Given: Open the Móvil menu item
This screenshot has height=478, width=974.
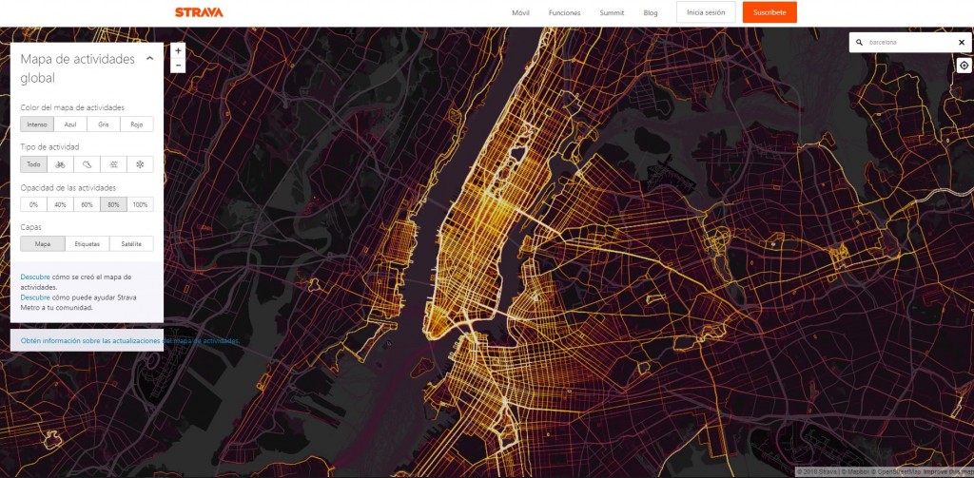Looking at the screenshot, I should coord(520,13).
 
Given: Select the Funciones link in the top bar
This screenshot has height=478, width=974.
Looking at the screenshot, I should coord(564,13).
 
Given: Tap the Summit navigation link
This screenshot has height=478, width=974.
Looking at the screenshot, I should coord(612,13).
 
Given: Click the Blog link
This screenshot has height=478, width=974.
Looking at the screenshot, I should coord(651,13).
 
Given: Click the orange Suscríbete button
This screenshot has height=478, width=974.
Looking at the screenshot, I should coord(769,12).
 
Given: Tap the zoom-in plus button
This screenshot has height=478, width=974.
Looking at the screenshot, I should coord(178,50).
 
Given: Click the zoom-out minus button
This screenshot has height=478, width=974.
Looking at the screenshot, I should coord(178,65).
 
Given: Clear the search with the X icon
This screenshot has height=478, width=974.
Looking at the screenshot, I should coord(961,43).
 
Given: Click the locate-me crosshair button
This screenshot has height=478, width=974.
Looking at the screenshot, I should coord(964,66).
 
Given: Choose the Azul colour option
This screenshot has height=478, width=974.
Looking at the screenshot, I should coord(69,124).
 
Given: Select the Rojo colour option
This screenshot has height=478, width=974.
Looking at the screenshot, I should coord(136,124).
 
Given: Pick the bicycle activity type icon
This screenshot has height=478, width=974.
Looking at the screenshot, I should coord(61,164).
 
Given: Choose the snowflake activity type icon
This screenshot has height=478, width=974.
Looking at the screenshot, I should coord(140,164).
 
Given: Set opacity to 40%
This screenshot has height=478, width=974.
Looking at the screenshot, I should coord(60,204).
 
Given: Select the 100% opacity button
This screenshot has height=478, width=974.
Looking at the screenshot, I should coord(140,204).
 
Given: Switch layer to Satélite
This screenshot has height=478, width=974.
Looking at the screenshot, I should coord(130,244).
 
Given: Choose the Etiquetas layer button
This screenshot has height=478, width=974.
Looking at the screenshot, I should coord(87,244).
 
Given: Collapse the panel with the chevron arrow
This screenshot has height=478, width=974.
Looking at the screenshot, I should coord(149,59).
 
